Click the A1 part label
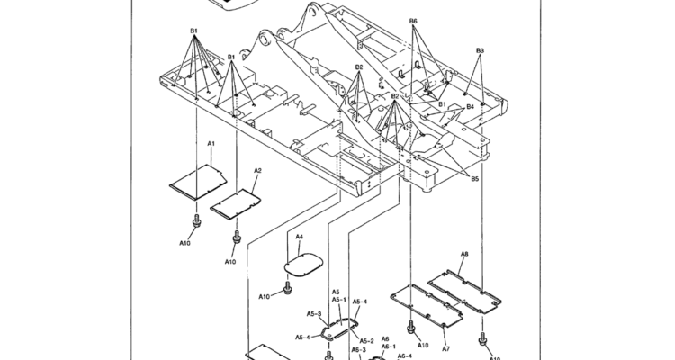(211, 143)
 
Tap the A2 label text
(257, 170)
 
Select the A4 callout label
(299, 237)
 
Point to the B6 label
(413, 21)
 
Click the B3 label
(480, 50)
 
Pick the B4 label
(470, 106)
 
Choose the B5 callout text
(474, 179)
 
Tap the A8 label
(464, 255)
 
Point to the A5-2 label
(367, 340)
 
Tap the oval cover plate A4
(303, 264)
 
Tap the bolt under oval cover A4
(287, 288)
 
